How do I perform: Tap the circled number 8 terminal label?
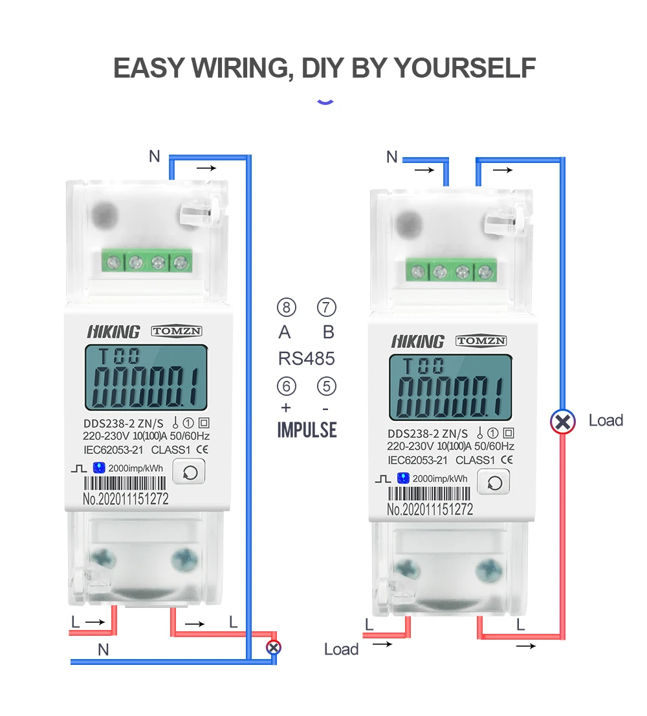click(x=286, y=307)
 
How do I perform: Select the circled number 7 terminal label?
click(x=327, y=307)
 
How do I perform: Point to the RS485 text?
click(x=307, y=358)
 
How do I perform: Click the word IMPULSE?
click(x=307, y=429)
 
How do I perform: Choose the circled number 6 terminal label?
click(x=286, y=387)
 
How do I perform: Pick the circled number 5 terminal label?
click(x=327, y=387)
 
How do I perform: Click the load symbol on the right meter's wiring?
click(x=563, y=422)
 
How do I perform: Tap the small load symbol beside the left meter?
click(x=274, y=646)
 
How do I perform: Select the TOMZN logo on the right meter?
click(x=481, y=341)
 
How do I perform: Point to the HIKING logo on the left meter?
click(x=113, y=332)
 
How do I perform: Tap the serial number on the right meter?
click(x=430, y=510)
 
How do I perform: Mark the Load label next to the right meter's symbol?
click(x=606, y=420)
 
